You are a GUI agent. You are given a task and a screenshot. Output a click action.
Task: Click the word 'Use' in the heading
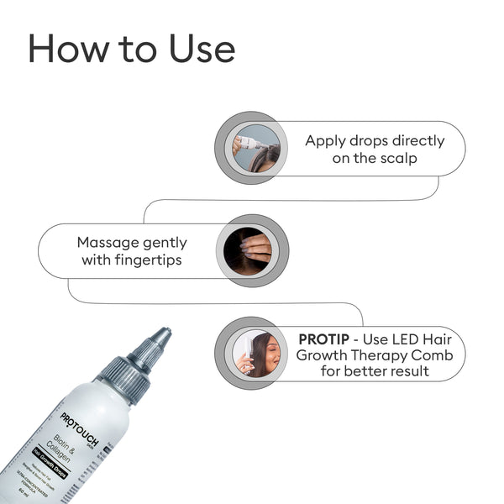[190, 49]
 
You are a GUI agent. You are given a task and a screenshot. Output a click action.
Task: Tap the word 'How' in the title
[66, 49]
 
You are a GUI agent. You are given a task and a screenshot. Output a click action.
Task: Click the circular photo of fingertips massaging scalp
[252, 250]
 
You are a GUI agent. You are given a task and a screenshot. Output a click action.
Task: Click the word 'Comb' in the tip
[431, 354]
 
